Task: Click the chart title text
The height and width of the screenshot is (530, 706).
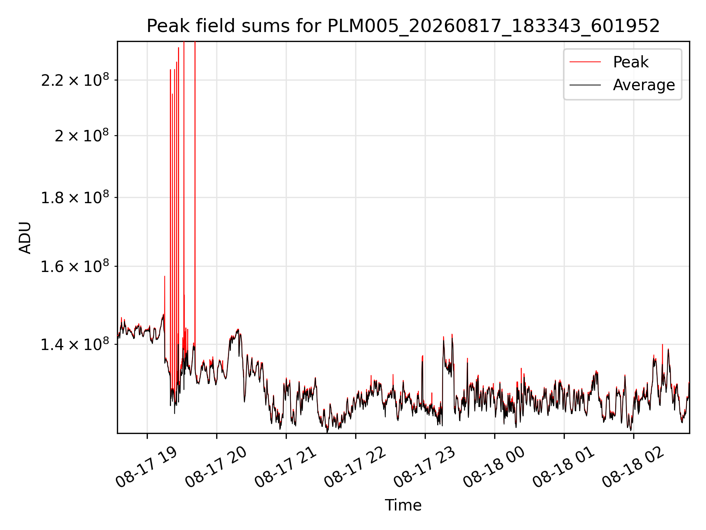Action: point(403,26)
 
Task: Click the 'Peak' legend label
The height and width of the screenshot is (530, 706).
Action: point(631,62)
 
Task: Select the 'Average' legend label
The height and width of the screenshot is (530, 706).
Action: point(644,85)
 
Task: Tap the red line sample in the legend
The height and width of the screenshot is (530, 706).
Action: point(585,62)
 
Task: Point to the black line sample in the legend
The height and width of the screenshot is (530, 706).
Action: point(585,85)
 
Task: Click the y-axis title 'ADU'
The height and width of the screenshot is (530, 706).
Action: point(25,237)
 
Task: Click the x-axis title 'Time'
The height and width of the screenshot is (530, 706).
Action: point(403,505)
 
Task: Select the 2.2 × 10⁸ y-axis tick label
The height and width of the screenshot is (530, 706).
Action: point(75,80)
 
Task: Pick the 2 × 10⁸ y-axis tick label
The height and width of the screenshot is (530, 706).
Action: point(82,135)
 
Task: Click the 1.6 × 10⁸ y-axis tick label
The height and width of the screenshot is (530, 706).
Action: point(75,266)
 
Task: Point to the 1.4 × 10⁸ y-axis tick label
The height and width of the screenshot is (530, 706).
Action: point(75,344)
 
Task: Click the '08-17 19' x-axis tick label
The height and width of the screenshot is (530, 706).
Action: point(146,467)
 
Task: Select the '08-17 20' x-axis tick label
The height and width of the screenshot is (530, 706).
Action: point(216,467)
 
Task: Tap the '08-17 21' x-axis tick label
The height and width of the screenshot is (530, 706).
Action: point(285,467)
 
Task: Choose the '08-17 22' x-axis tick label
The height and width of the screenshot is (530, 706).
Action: point(355,467)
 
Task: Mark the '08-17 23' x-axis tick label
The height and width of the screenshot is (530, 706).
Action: point(424,467)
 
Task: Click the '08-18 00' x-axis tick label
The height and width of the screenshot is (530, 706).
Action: point(494,467)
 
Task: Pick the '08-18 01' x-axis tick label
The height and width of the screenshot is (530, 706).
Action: point(563,467)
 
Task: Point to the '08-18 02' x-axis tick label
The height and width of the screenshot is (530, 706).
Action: point(633,467)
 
